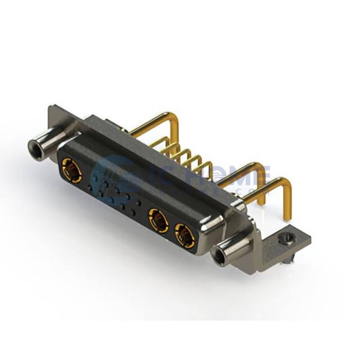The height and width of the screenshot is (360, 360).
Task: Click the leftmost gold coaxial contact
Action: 72,170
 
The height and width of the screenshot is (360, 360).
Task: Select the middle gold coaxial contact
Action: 158,220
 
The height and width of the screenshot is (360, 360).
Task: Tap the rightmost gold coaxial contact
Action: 185,235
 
